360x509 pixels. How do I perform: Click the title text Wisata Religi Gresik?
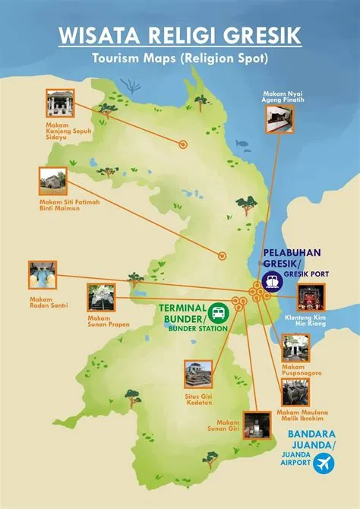180,36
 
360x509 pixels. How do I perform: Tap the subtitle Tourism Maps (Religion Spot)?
180,58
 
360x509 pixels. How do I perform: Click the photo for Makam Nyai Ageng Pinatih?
279,119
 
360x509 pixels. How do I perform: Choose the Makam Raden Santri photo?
43,275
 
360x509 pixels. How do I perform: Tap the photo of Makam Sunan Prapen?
101,298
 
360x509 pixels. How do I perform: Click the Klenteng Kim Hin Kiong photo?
310,297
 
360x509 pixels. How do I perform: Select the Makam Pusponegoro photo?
295,347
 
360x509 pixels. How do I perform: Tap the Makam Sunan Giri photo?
256,425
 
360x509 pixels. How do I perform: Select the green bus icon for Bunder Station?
218,312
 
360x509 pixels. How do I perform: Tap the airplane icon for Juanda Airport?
325,463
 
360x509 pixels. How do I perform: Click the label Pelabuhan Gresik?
292,258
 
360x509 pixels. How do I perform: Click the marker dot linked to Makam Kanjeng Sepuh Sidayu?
182,144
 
